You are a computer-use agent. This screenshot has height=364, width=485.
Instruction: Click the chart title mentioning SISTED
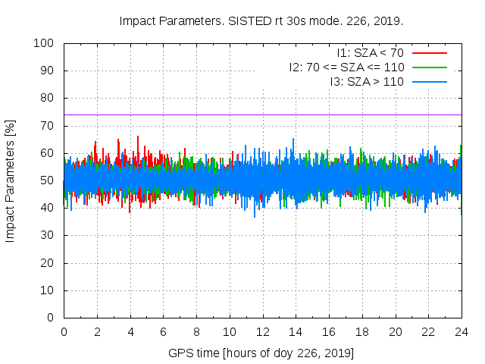(261, 20)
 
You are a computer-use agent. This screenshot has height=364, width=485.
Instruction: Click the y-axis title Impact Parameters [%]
(11, 180)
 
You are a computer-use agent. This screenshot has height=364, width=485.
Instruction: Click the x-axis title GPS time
(261, 353)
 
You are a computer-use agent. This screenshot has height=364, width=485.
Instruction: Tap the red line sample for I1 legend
(429, 53)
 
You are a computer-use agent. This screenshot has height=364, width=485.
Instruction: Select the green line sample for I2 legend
(429, 67)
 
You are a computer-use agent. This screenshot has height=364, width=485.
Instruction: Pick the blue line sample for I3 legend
(429, 81)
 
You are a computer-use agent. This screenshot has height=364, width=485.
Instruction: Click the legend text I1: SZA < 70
(370, 53)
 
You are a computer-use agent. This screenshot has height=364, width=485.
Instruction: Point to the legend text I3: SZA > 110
(366, 81)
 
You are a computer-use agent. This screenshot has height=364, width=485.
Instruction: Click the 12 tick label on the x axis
(262, 332)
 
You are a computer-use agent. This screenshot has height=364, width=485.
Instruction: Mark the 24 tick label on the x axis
(461, 332)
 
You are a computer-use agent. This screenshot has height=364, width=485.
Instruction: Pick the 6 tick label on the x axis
(163, 332)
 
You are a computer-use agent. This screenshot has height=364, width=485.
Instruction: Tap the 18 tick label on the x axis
(361, 332)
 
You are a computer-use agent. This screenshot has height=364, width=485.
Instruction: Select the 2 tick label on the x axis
(97, 332)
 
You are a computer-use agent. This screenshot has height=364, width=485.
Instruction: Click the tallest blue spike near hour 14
(293, 140)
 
